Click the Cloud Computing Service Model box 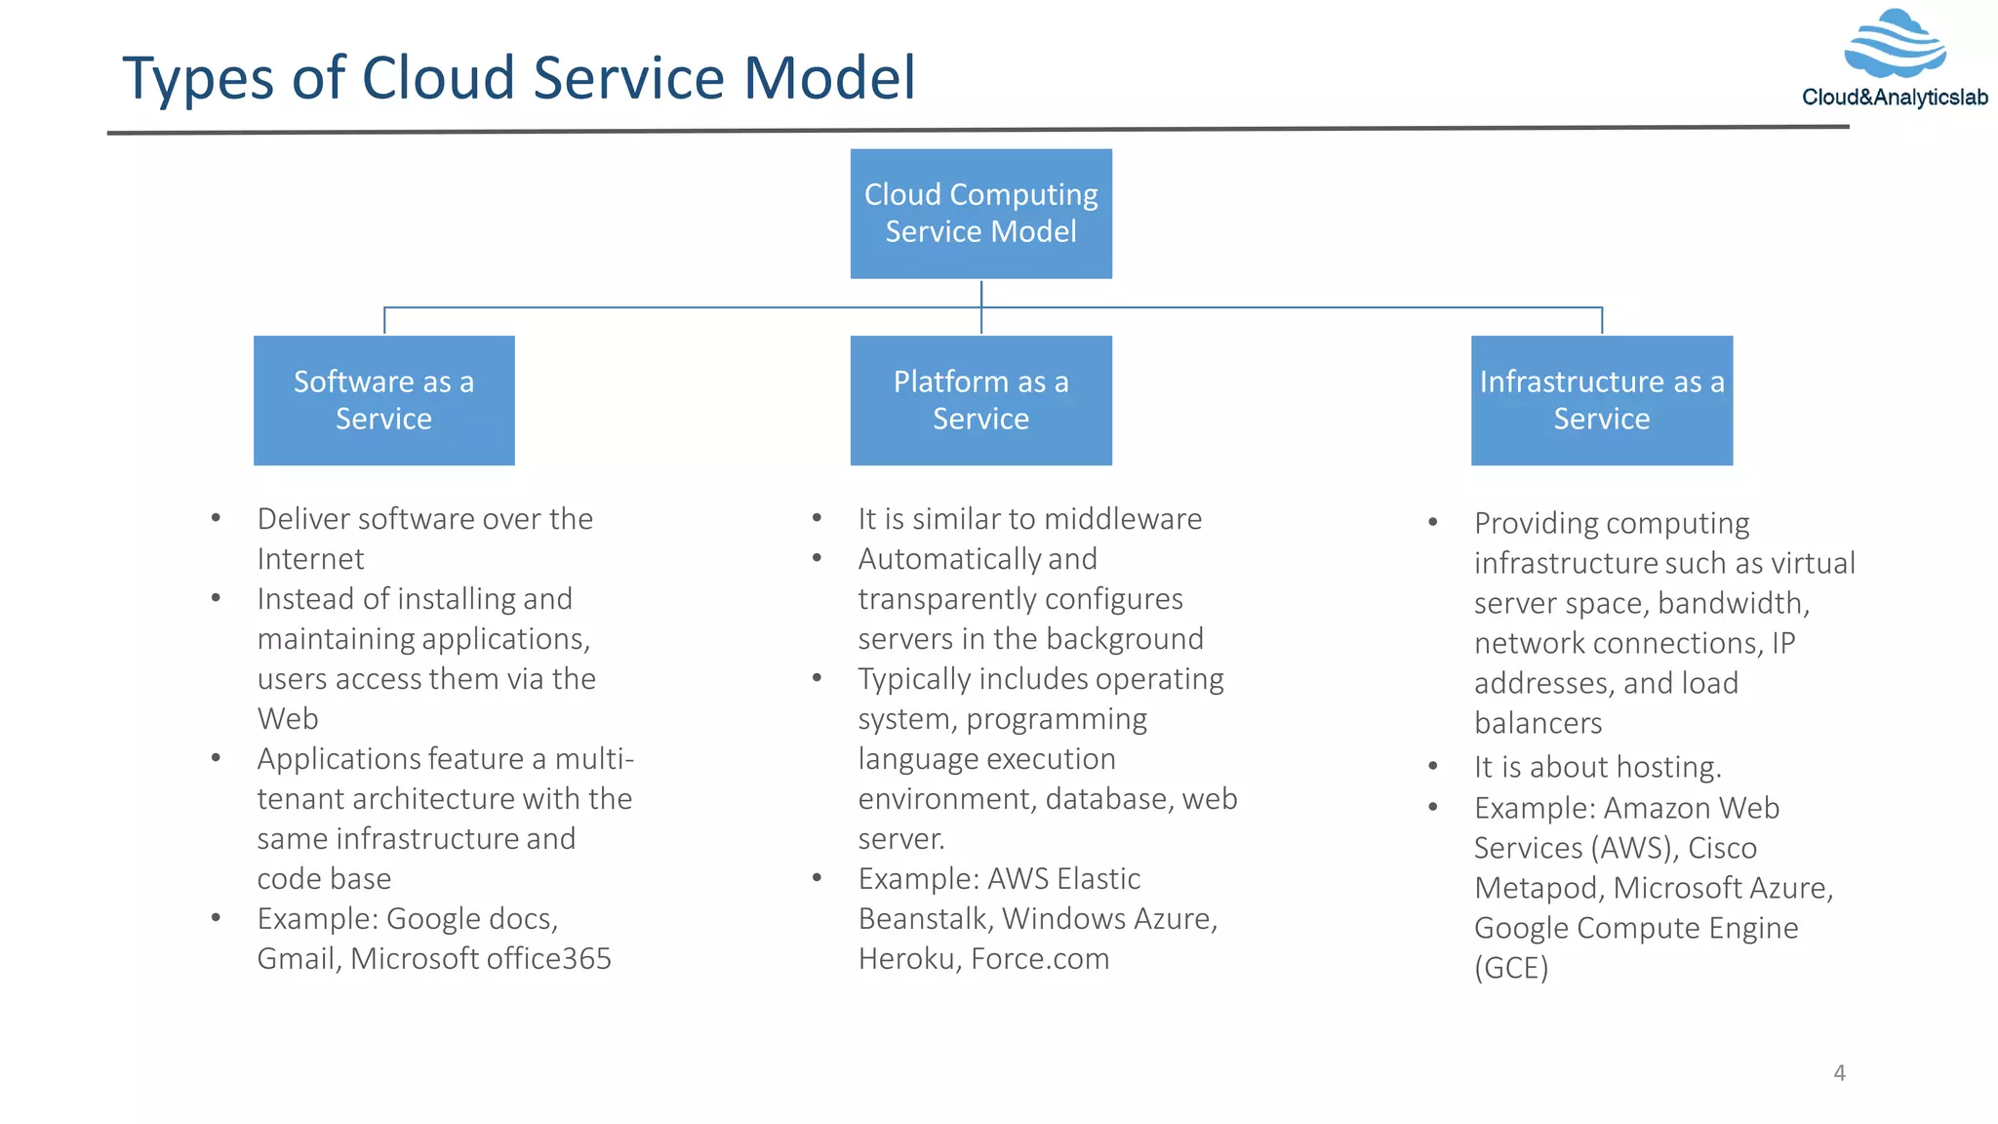[x=980, y=214]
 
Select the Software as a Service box [x=383, y=400]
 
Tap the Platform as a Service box [x=980, y=400]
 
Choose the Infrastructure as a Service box [x=1601, y=400]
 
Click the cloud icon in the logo [x=1895, y=44]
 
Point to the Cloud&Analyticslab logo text [x=1894, y=98]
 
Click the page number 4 [x=1839, y=1073]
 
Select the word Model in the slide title [x=829, y=78]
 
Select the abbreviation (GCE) [x=1511, y=968]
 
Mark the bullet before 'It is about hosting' [x=1432, y=766]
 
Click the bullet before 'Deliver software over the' [x=216, y=518]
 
